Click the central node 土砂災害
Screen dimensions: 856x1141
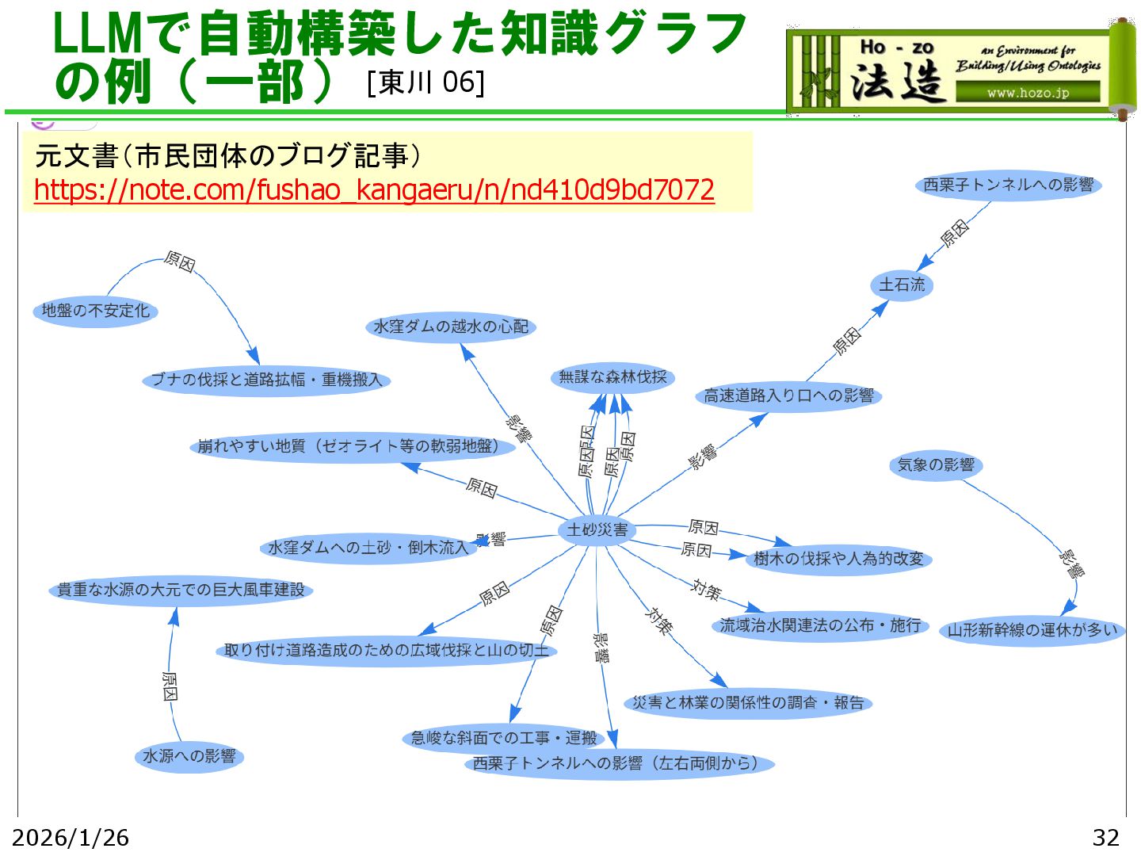597,529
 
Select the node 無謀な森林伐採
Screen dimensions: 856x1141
612,377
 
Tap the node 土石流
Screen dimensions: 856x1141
902,285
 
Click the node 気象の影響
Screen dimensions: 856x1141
936,465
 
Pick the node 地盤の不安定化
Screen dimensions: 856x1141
96,311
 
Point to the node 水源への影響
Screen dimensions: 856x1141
189,756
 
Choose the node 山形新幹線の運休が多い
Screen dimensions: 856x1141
1032,630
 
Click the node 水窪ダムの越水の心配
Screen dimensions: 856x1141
451,327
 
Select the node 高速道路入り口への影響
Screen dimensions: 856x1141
788,396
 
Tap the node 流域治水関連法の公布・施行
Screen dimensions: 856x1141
820,625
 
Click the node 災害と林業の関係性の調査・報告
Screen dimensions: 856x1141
748,703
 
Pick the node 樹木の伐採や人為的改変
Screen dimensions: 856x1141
838,559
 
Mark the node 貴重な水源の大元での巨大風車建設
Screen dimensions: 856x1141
181,590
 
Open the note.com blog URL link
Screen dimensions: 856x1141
374,190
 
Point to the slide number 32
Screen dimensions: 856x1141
1105,837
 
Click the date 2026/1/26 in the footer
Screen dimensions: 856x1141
71,837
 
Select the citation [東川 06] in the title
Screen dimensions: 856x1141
425,82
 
